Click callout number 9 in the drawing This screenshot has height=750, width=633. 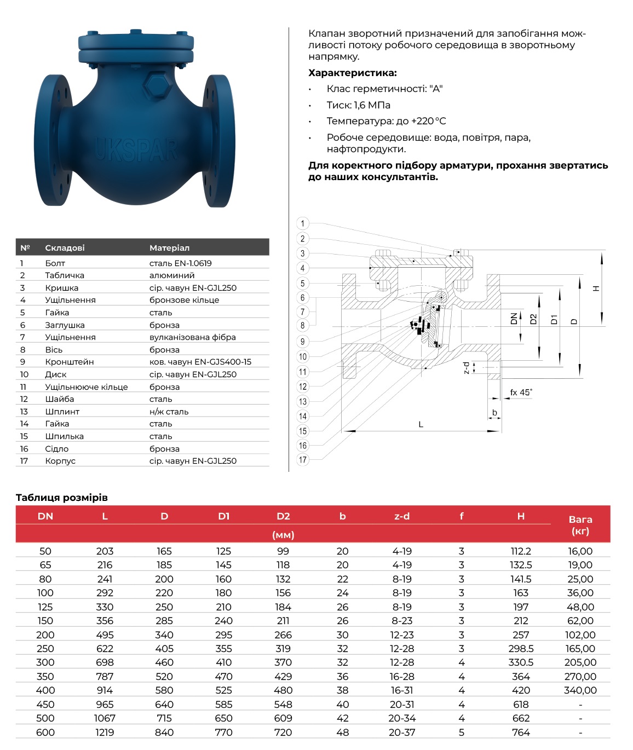[x=302, y=342]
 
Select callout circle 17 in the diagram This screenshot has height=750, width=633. [x=302, y=460]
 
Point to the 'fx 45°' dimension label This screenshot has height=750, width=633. [x=521, y=393]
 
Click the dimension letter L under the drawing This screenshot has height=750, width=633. [x=421, y=424]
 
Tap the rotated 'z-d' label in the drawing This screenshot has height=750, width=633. [x=467, y=368]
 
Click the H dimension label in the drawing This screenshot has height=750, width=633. [x=596, y=288]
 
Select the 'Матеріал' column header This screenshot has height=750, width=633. [x=169, y=248]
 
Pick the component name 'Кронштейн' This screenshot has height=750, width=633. [x=70, y=362]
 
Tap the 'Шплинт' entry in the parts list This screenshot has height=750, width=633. [x=62, y=412]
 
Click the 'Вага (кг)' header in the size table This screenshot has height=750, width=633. [x=580, y=525]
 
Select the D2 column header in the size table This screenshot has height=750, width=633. [x=283, y=516]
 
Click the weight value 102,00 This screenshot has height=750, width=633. [x=580, y=635]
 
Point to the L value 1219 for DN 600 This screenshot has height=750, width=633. [x=105, y=732]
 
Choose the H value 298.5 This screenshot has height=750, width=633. [x=521, y=649]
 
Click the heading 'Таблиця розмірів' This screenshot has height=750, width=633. [x=62, y=498]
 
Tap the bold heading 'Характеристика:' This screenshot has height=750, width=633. [x=352, y=73]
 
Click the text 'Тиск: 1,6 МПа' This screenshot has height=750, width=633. [x=358, y=105]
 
